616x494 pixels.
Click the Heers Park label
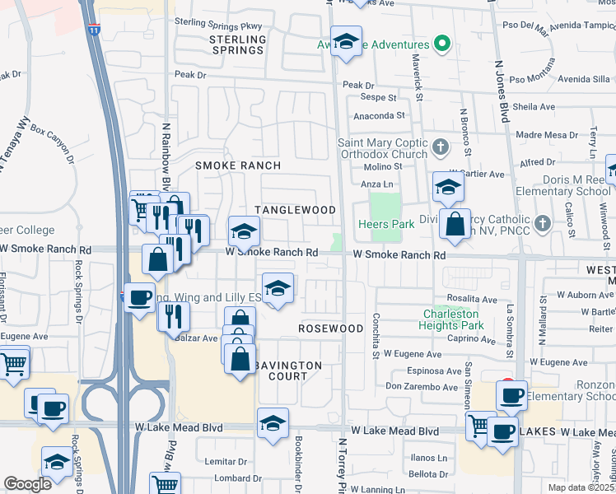coord(386,224)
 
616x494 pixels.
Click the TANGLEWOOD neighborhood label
coord(295,210)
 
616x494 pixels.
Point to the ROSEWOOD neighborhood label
coord(330,329)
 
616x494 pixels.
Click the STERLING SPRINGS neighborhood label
coord(237,44)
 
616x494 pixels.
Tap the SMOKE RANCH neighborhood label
coord(238,165)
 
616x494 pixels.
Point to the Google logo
coord(28,484)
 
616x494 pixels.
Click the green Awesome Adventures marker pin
coord(442,44)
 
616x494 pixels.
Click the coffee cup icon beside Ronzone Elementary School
coord(511,395)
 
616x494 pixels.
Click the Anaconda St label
coord(380,117)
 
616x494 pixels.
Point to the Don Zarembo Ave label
coord(421,387)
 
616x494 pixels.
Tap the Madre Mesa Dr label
coord(544,135)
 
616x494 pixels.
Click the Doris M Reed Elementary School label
coord(575,185)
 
